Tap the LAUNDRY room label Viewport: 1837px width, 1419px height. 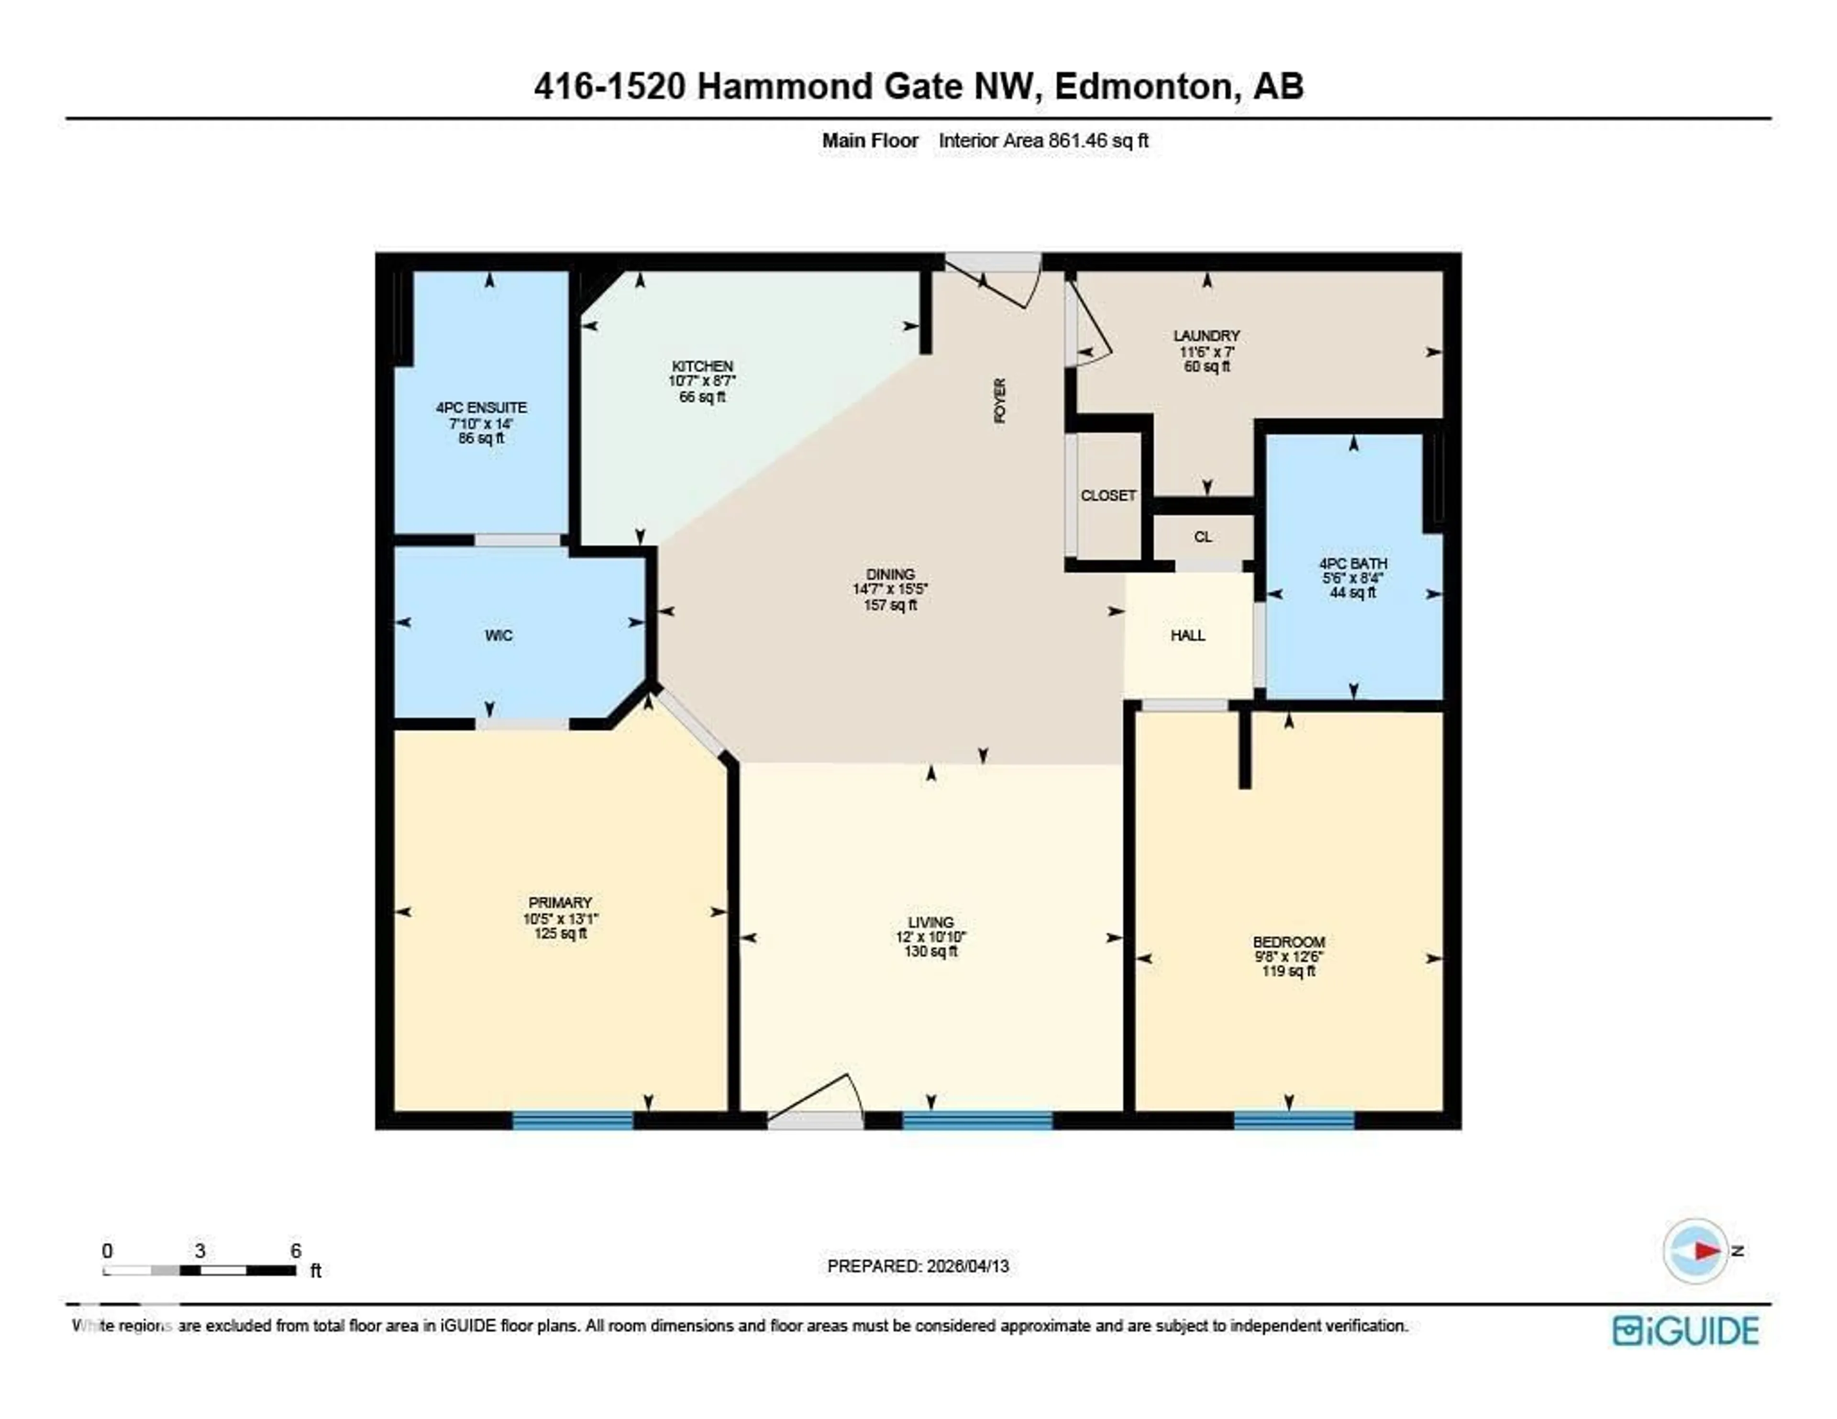(1206, 336)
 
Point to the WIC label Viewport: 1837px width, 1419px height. (498, 635)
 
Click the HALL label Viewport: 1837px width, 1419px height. (1188, 635)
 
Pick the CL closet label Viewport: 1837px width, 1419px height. (1203, 537)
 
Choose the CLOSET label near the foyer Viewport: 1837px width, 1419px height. (1108, 496)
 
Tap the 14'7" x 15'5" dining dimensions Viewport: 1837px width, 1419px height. (890, 589)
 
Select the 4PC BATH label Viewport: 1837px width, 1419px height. (1352, 563)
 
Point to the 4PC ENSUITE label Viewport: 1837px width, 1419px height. (481, 408)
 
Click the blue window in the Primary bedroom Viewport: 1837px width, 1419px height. (573, 1120)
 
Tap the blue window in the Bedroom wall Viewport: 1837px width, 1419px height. (1294, 1120)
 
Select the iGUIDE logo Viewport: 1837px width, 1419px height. (1686, 1330)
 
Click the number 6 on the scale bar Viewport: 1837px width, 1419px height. (295, 1251)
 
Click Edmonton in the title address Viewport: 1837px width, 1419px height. (1143, 87)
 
